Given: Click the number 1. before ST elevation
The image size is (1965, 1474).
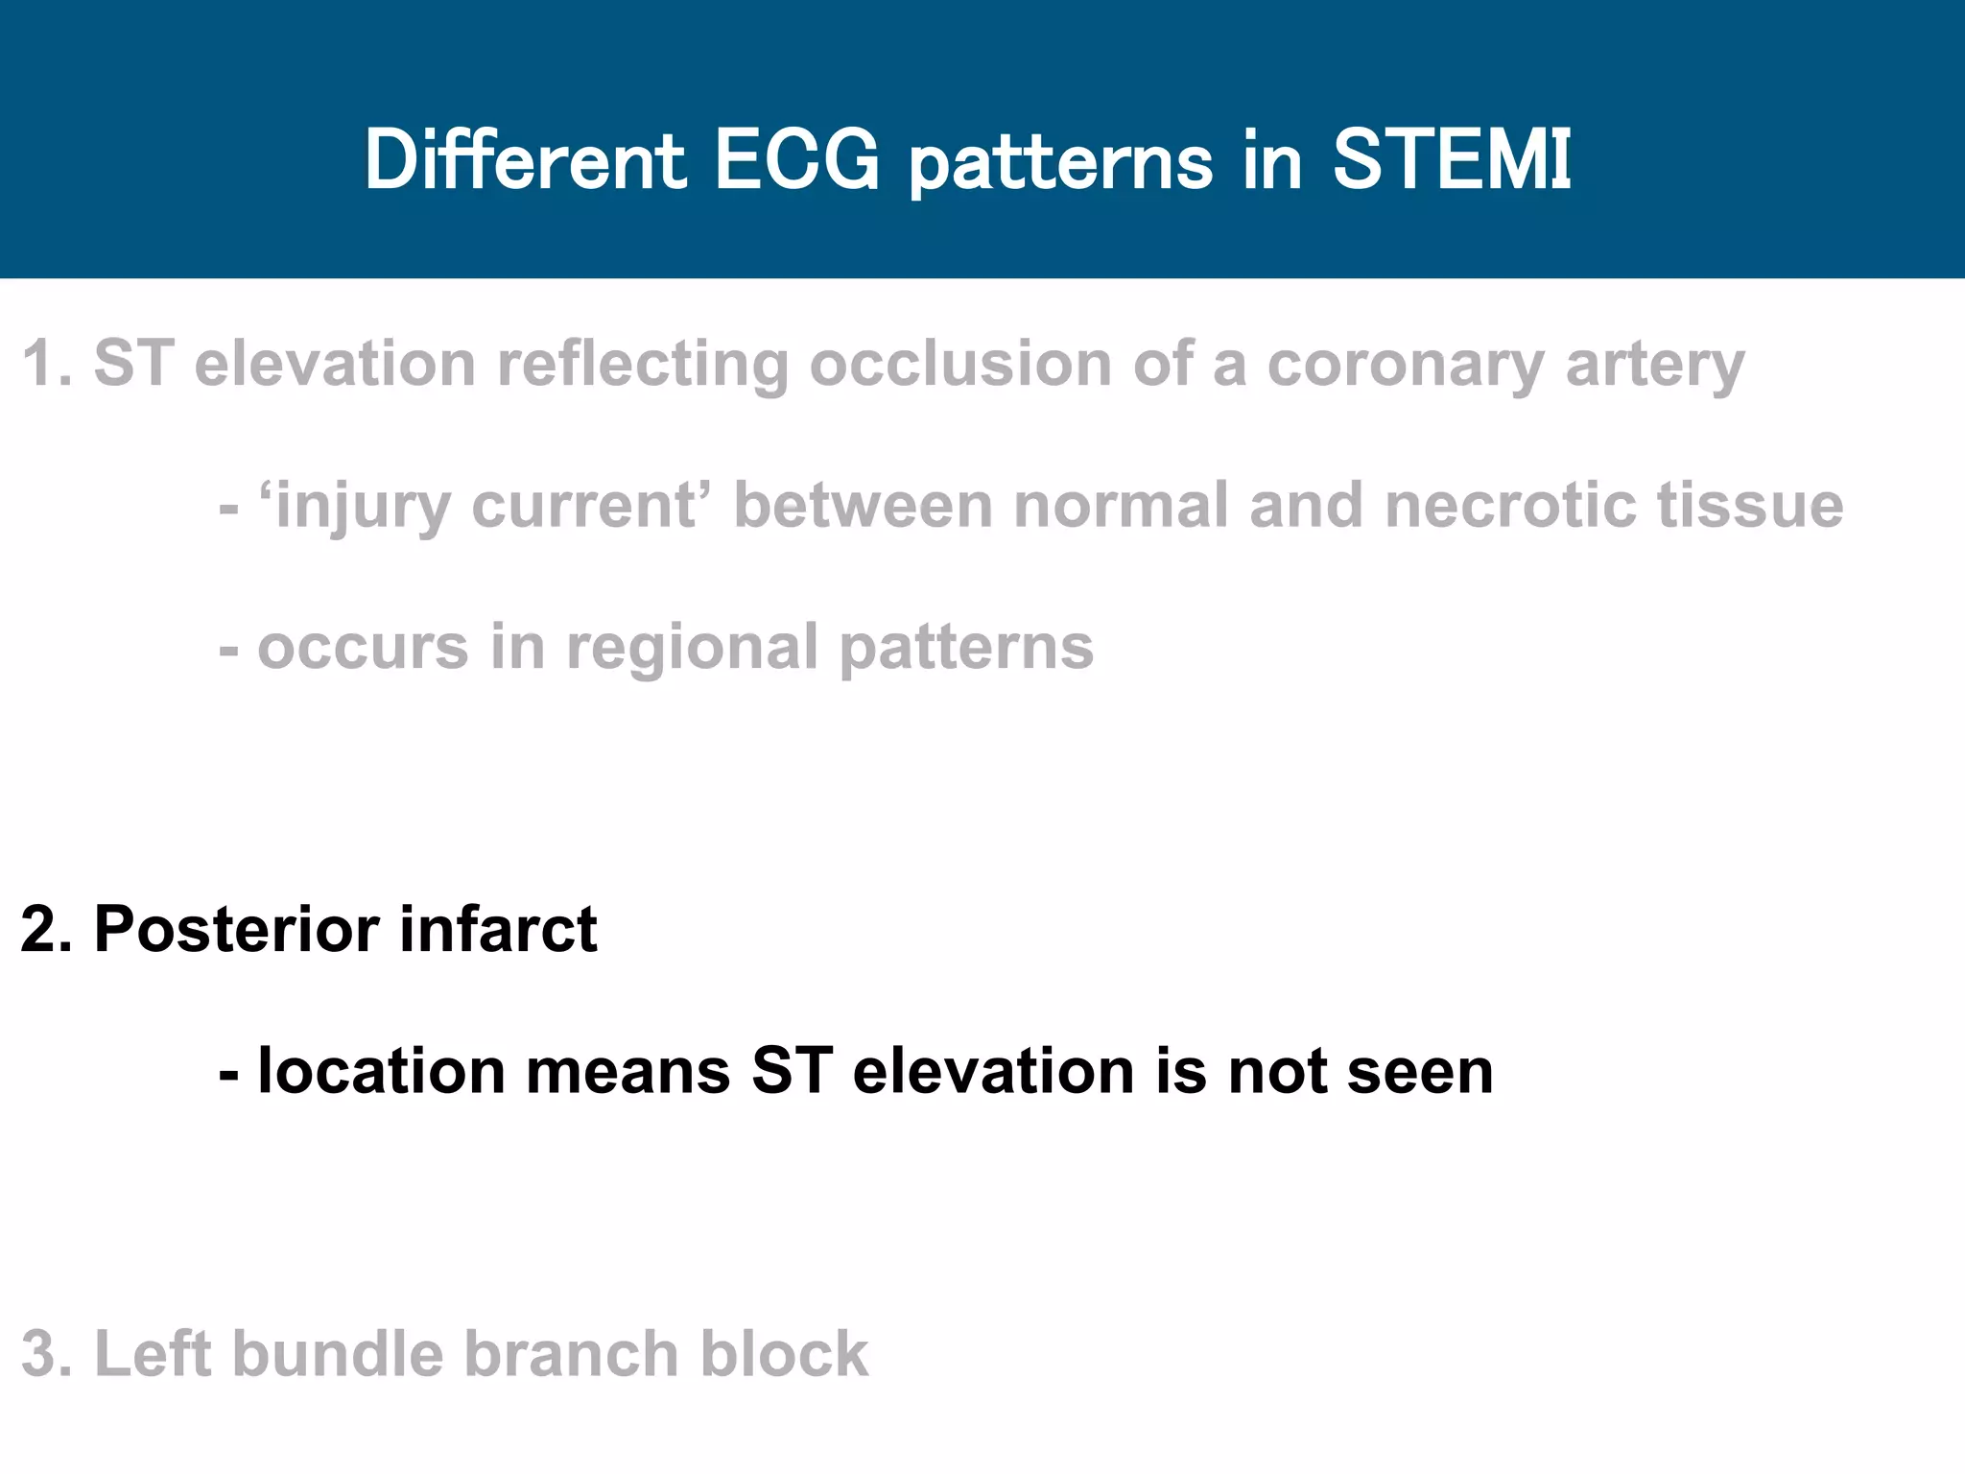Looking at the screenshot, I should coord(45,365).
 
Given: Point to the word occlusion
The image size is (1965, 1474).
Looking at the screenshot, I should coord(959,365).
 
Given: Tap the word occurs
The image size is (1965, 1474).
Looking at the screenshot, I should coord(363,648).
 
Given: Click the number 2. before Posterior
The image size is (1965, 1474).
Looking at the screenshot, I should coord(45,929).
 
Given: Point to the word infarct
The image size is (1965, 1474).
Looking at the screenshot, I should coord(498,929).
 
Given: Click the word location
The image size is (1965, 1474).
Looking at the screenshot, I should coord(381,1071).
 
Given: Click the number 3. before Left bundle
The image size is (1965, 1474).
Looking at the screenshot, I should coord(45,1354).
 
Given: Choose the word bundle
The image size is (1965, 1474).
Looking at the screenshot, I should coord(338,1354).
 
